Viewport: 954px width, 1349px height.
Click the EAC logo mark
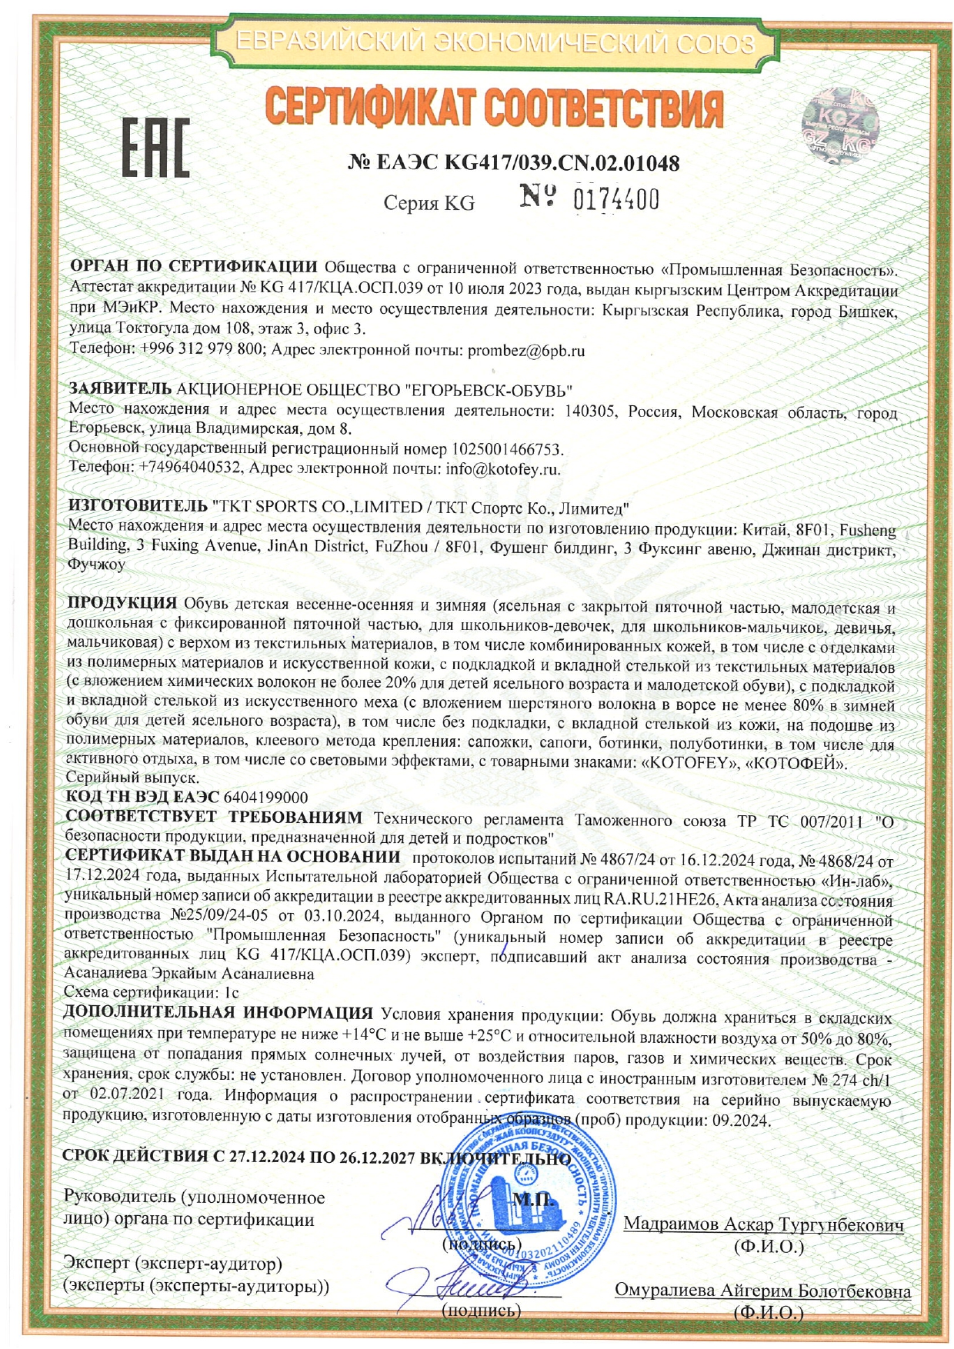click(x=156, y=148)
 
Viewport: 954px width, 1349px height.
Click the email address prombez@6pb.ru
click(x=526, y=351)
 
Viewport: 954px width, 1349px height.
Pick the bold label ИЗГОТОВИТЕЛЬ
click(x=138, y=507)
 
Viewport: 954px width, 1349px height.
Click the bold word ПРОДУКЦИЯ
click(x=122, y=602)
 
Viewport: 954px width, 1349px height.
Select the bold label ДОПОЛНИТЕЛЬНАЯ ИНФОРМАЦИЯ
click(x=218, y=1013)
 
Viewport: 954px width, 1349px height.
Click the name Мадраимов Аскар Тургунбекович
click(x=763, y=1224)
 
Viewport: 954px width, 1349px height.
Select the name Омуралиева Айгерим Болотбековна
click(x=762, y=1291)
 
